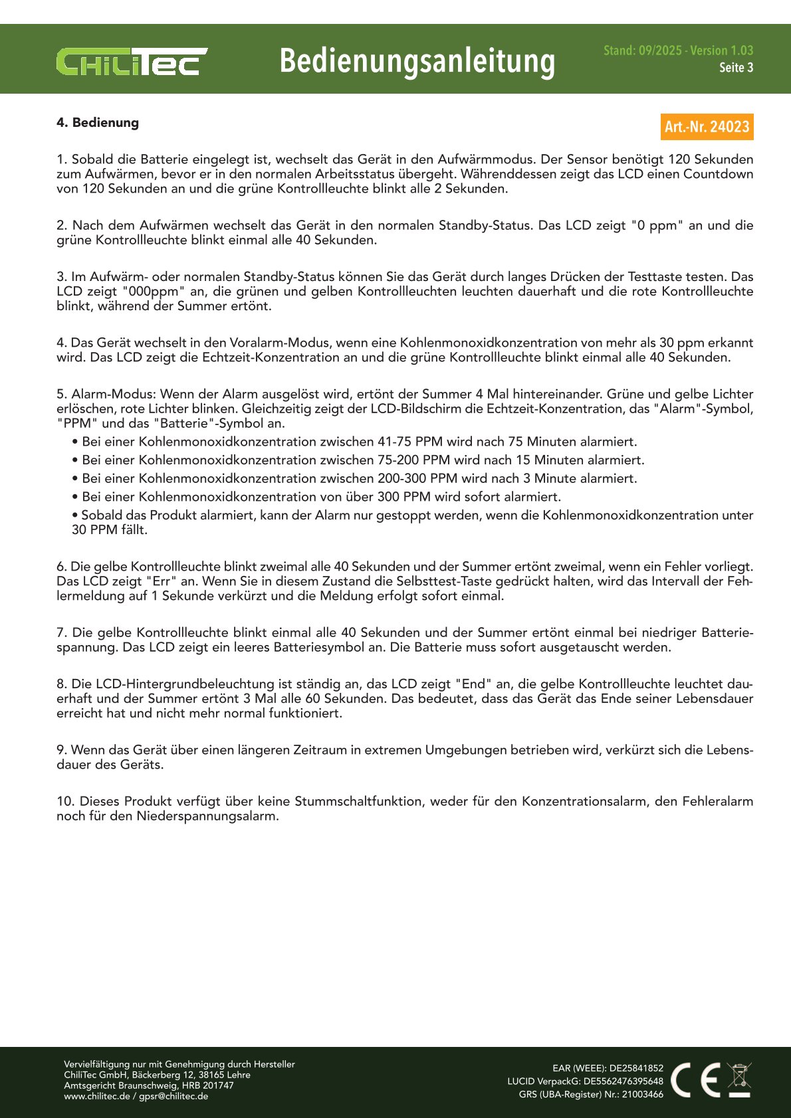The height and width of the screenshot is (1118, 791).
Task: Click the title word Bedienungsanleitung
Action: (x=417, y=61)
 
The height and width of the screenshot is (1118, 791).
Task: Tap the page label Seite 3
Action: (x=736, y=68)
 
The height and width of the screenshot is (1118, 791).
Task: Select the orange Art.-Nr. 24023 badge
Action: (x=707, y=127)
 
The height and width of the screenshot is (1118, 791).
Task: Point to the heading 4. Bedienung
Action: (x=98, y=123)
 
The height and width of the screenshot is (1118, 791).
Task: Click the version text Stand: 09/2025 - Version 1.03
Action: (x=678, y=50)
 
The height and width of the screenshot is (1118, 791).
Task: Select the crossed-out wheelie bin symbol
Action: (x=739, y=1080)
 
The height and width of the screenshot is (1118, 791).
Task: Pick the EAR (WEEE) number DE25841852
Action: (x=636, y=1068)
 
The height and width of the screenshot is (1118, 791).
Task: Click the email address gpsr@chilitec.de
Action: (x=173, y=1096)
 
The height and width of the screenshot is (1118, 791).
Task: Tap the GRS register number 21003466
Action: (x=642, y=1094)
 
